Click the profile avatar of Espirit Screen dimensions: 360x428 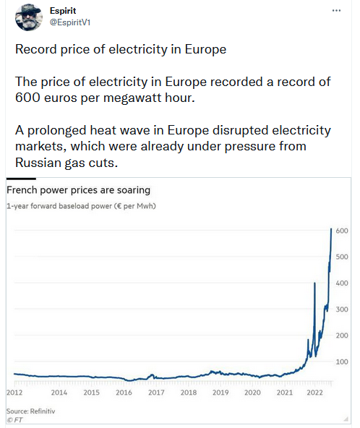[29, 17]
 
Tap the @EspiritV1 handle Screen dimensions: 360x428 [70, 22]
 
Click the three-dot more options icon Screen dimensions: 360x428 [336, 11]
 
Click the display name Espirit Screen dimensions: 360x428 [63, 11]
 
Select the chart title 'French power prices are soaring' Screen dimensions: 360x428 [78, 190]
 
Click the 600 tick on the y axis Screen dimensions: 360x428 [342, 231]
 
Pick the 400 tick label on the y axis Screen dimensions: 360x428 [342, 283]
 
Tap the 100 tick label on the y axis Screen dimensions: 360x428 [342, 362]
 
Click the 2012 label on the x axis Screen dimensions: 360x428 [14, 393]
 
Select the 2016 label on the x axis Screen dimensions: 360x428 [124, 393]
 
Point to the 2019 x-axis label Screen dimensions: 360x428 [220, 393]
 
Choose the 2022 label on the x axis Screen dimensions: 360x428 [314, 393]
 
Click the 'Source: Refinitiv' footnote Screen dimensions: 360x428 [30, 411]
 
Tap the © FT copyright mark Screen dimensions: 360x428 [14, 420]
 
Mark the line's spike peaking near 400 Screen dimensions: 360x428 [314, 283]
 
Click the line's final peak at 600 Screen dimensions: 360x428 [331, 228]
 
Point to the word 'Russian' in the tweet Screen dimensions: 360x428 [38, 163]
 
